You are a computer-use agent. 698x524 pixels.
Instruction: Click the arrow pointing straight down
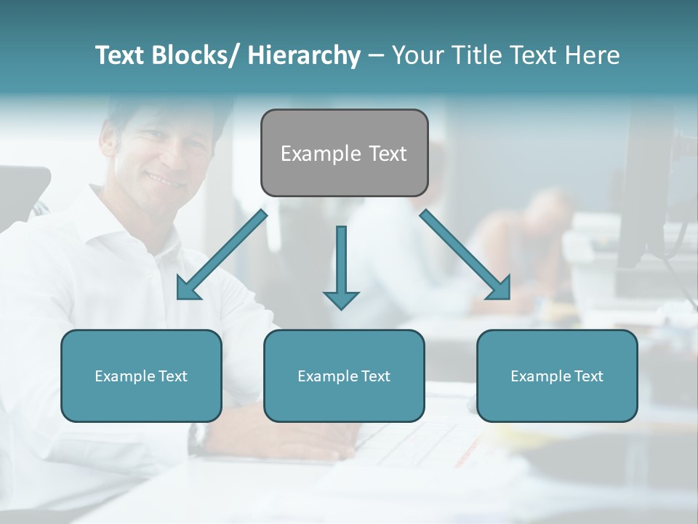[341, 262]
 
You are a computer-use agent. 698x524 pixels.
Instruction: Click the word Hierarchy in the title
[304, 55]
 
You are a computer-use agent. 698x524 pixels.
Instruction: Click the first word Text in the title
[120, 55]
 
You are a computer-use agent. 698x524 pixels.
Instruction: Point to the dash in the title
[375, 56]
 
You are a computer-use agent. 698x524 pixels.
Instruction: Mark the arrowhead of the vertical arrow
[341, 299]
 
